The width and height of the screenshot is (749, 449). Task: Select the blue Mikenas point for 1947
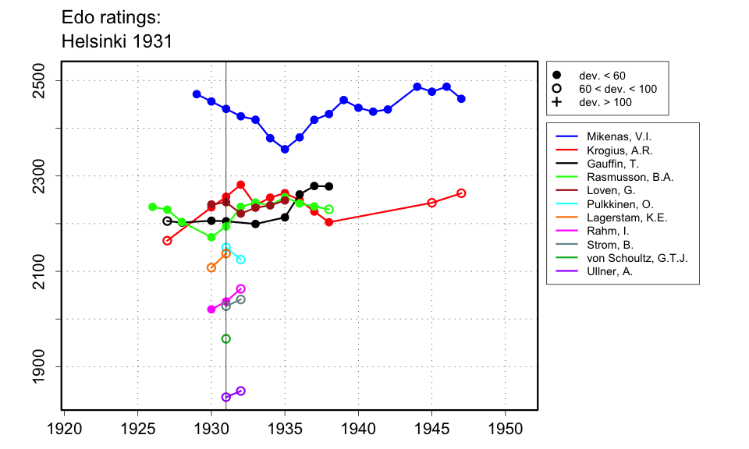pyautogui.click(x=461, y=99)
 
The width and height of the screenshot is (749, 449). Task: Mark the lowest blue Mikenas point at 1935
pyautogui.click(x=285, y=149)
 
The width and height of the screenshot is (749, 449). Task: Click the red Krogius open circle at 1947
pyautogui.click(x=461, y=193)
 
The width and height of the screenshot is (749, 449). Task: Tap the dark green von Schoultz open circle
pyautogui.click(x=226, y=339)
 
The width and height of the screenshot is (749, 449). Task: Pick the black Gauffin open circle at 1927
pyautogui.click(x=167, y=221)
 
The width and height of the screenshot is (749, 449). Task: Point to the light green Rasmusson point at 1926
pyautogui.click(x=152, y=207)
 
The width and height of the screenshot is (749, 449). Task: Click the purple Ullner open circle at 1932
pyautogui.click(x=240, y=391)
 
